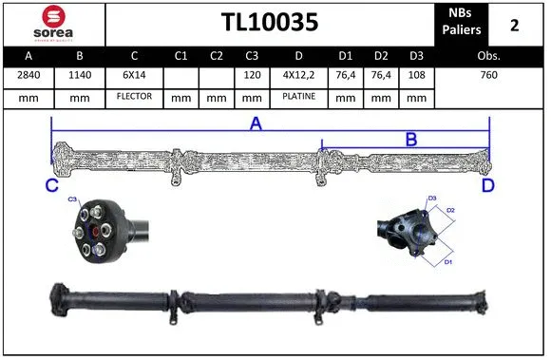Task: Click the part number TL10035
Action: click(x=270, y=23)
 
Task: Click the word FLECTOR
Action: click(x=134, y=97)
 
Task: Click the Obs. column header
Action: click(x=488, y=57)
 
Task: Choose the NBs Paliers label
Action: click(x=462, y=23)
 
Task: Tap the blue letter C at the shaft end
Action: click(x=52, y=186)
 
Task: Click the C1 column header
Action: click(x=180, y=57)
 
